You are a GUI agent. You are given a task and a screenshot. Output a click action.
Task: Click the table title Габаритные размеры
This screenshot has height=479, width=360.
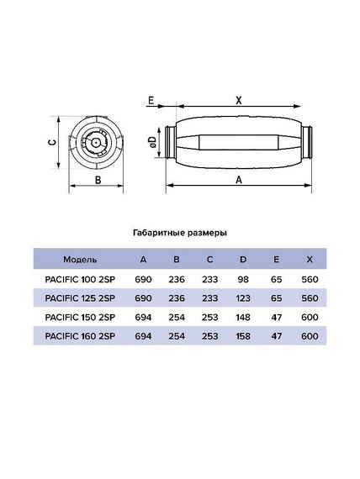point(180,233)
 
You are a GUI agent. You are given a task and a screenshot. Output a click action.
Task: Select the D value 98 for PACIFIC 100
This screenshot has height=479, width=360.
point(242,277)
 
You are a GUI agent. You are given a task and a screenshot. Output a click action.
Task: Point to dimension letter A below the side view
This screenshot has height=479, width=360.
point(239,179)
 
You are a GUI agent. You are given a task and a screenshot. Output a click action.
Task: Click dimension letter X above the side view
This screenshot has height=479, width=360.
point(238,99)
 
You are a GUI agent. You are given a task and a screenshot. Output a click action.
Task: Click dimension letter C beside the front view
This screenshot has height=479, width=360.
point(52,142)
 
